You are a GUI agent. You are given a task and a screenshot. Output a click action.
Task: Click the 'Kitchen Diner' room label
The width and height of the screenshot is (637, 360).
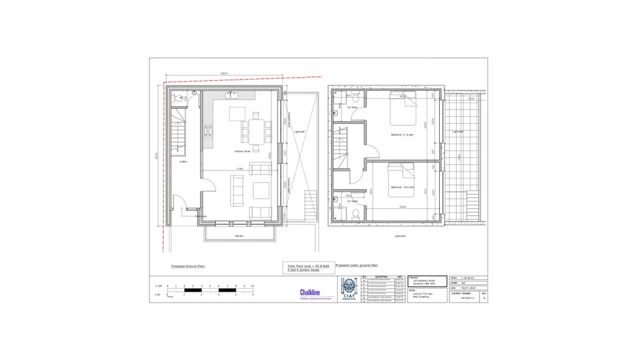(243, 151)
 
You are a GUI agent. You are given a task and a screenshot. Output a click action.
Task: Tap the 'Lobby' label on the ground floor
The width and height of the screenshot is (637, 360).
(183, 162)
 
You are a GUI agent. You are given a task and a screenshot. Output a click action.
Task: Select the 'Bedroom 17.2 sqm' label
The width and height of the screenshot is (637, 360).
(402, 135)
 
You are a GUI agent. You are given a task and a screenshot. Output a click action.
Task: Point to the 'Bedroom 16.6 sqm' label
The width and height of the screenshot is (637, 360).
(402, 187)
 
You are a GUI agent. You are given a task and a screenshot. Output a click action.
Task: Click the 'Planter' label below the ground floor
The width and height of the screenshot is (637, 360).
(238, 236)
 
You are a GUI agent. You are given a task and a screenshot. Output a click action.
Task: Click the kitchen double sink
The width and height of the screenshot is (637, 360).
(230, 96)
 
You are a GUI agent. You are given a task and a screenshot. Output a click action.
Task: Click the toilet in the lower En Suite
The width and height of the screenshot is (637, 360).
(355, 213)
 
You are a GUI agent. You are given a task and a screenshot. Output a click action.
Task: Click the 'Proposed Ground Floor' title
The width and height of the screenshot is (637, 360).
(188, 265)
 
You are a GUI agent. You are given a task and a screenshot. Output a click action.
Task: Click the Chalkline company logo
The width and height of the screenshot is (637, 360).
(310, 292)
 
